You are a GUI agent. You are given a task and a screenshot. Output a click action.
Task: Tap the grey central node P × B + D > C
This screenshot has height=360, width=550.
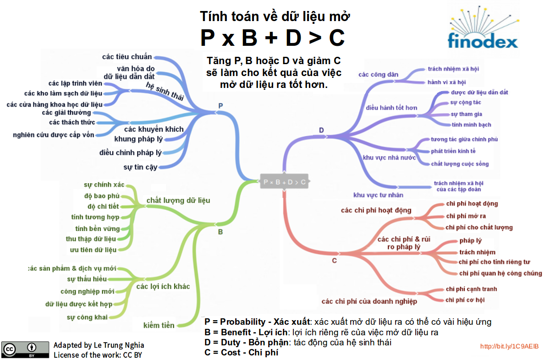pyautogui.click(x=285, y=182)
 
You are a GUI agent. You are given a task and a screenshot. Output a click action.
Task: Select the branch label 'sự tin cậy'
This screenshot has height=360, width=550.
pyautogui.click(x=140, y=167)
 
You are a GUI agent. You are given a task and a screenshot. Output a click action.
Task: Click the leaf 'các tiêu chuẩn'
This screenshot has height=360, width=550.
pyautogui.click(x=126, y=57)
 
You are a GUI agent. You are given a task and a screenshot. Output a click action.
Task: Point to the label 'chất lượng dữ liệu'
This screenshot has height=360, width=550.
pyautogui.click(x=178, y=200)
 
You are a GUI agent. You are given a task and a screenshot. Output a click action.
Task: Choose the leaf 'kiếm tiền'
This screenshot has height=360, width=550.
pyautogui.click(x=159, y=325)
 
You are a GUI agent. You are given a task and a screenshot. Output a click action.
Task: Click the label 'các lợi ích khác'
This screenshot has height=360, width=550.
pyautogui.click(x=163, y=286)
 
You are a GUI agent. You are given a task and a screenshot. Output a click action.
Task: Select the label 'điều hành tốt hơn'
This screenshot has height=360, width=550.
pyautogui.click(x=391, y=108)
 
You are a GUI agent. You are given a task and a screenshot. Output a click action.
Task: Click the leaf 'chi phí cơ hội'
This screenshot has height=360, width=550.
pyautogui.click(x=465, y=300)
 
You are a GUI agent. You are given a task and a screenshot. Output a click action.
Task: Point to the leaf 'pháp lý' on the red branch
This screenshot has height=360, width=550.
pyautogui.click(x=470, y=240)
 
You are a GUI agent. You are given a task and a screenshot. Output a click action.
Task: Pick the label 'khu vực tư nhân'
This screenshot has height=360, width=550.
pyautogui.click(x=378, y=195)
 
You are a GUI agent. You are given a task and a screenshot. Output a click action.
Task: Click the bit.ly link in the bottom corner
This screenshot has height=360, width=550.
pyautogui.click(x=509, y=346)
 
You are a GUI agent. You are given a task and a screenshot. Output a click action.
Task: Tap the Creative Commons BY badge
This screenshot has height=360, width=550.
pyautogui.click(x=25, y=349)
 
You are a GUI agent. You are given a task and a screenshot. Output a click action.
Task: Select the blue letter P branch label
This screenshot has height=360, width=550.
pyautogui.click(x=220, y=106)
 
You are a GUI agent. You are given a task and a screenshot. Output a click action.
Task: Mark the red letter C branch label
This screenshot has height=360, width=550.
pyautogui.click(x=334, y=261)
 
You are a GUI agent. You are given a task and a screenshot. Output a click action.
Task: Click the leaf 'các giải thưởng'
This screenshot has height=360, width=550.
pyautogui.click(x=66, y=113)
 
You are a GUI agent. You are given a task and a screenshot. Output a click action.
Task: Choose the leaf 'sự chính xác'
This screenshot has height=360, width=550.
pyautogui.click(x=104, y=185)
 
